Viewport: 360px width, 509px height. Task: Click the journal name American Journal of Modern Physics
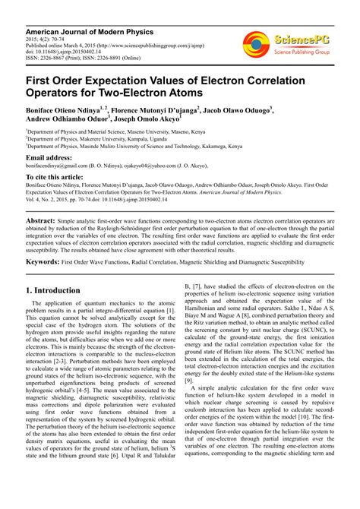[89, 33]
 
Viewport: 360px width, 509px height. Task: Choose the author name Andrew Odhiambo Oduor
[65, 119]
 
